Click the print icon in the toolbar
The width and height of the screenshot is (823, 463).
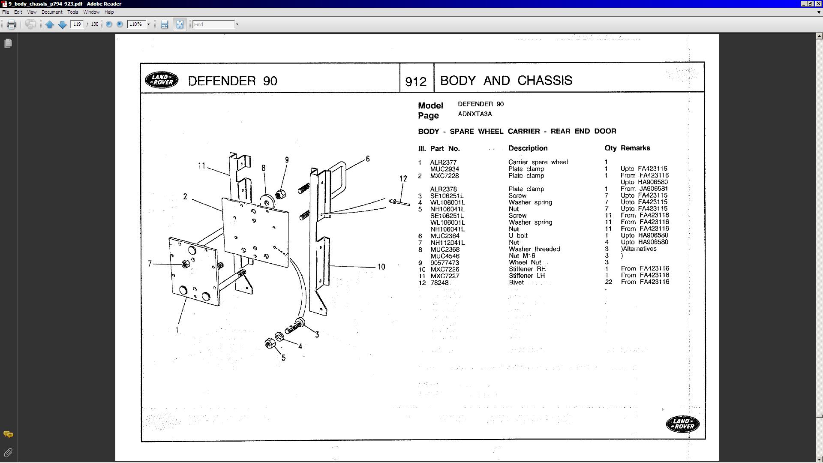pyautogui.click(x=12, y=24)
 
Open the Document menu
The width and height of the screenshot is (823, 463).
pyautogui.click(x=51, y=12)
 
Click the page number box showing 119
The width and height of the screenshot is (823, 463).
pyautogui.click(x=77, y=24)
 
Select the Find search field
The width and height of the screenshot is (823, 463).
pyautogui.click(x=213, y=24)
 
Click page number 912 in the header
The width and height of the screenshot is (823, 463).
pyautogui.click(x=416, y=81)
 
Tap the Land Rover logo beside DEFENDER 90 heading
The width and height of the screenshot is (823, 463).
pyautogui.click(x=162, y=80)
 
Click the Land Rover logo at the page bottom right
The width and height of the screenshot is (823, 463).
pyautogui.click(x=682, y=424)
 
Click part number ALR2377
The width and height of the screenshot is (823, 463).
pyautogui.click(x=443, y=162)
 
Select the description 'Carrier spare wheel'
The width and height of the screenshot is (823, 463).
pyautogui.click(x=538, y=162)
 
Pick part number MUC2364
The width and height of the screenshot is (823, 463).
pyautogui.click(x=445, y=236)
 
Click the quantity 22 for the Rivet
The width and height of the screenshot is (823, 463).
pyautogui.click(x=608, y=282)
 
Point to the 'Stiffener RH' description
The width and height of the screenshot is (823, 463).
pyautogui.click(x=527, y=269)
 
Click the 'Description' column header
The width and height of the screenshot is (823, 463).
pyautogui.click(x=528, y=148)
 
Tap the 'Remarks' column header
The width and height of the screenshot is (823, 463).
pyautogui.click(x=635, y=148)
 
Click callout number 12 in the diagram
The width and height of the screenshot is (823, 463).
pyautogui.click(x=403, y=179)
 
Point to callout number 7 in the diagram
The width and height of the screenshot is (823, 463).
pyautogui.click(x=150, y=264)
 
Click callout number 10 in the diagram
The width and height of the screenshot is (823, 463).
pyautogui.click(x=381, y=267)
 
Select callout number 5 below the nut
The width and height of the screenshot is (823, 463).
pyautogui.click(x=283, y=358)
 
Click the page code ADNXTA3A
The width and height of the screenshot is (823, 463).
pyautogui.click(x=475, y=114)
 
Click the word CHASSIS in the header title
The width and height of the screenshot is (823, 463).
pyautogui.click(x=544, y=81)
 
